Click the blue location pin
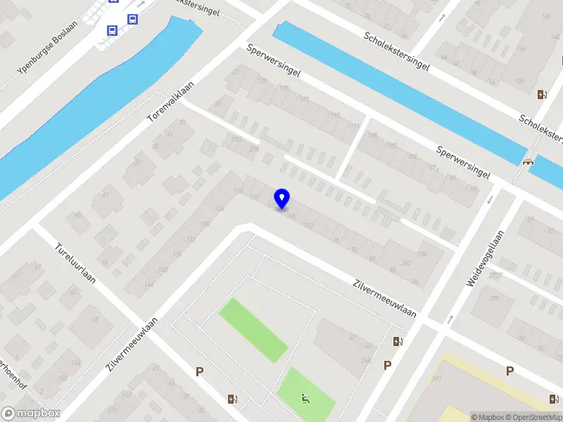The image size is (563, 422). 282,198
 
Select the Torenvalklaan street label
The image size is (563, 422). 170,101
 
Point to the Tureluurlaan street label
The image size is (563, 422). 75,264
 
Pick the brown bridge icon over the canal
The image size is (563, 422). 528,160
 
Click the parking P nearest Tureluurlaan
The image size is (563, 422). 200,371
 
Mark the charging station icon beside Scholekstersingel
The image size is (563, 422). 540,95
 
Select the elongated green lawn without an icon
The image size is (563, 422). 253,330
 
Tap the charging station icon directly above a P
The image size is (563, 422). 398,342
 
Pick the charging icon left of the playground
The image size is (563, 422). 232,399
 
